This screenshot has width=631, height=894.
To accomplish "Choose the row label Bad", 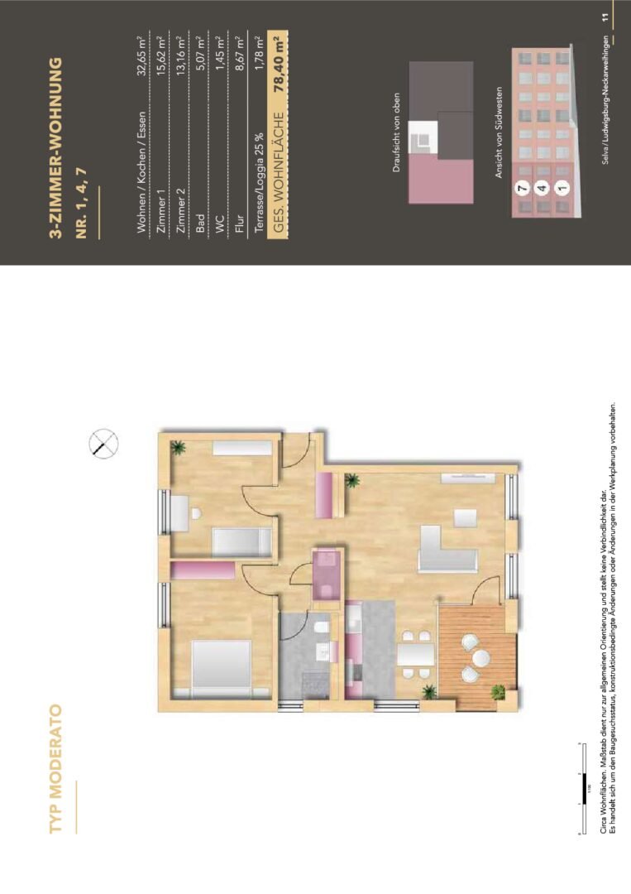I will click(203, 229).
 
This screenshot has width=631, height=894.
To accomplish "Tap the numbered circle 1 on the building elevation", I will click(562, 189).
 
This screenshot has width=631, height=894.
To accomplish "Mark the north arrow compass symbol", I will click(103, 445).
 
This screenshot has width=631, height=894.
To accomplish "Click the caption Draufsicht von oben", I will click(397, 133).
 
